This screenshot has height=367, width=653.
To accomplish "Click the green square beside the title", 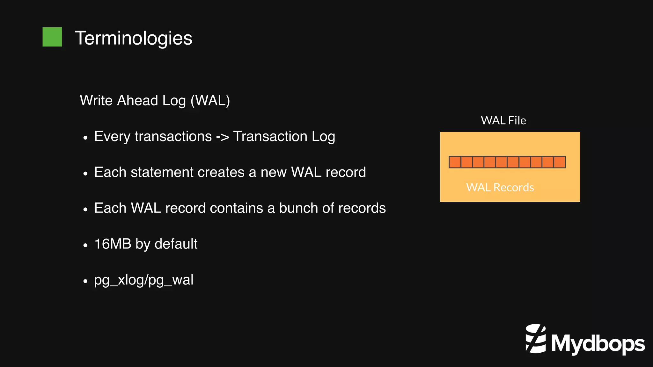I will click(x=52, y=37).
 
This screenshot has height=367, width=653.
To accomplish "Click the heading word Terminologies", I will click(x=133, y=38).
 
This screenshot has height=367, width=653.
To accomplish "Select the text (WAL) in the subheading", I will click(x=210, y=101).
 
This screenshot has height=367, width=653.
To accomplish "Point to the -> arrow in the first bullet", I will click(x=222, y=137).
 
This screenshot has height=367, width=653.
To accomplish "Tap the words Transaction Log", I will click(x=284, y=137).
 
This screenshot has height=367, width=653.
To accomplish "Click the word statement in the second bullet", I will click(x=162, y=172).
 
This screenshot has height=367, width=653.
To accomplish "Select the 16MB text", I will click(x=113, y=244).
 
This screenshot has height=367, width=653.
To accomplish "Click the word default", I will click(x=176, y=244).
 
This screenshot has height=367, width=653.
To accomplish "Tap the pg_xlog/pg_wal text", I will click(x=143, y=280).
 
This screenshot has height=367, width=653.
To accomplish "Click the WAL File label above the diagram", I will click(x=503, y=120).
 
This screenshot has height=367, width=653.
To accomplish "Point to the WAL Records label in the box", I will click(x=500, y=187).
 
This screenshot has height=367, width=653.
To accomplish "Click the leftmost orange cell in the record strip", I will click(x=455, y=162).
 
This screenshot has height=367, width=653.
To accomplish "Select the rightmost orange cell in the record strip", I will click(x=560, y=162).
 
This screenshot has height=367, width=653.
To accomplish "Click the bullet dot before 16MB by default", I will click(x=85, y=245).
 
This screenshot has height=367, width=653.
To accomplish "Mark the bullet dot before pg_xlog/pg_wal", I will click(x=85, y=281).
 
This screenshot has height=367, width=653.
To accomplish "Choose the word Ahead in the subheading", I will click(x=137, y=101).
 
